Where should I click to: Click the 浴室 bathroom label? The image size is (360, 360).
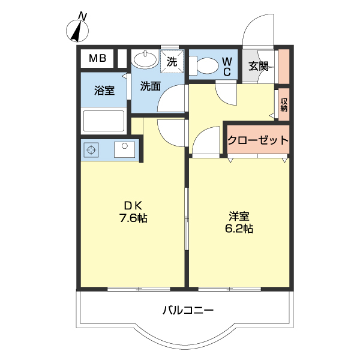click(104, 91)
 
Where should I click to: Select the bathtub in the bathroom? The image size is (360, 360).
click(103, 121)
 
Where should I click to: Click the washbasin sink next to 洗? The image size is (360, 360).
click(144, 59)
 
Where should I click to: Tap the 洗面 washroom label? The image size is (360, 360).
click(150, 86)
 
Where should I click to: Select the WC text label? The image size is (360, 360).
click(227, 66)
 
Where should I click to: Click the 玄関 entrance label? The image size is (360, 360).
click(259, 66)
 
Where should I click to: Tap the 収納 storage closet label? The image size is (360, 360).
click(284, 105)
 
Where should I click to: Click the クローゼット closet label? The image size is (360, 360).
click(257, 140)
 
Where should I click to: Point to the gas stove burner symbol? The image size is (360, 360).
click(92, 149)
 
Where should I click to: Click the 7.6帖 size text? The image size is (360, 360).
click(133, 219)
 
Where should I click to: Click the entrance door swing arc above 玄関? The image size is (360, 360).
click(257, 30)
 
